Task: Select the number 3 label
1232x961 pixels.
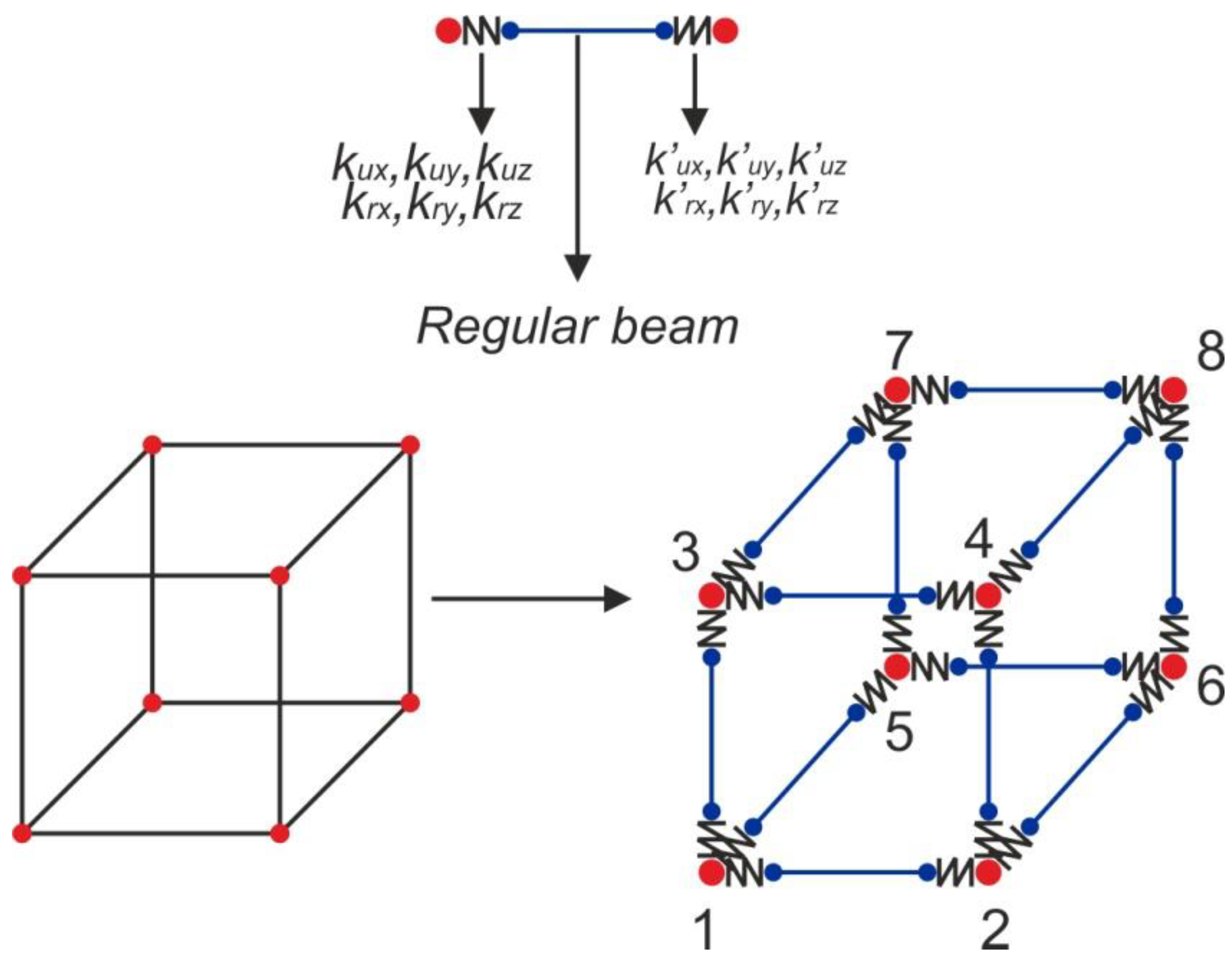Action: point(685,553)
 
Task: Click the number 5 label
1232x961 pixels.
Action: point(899,733)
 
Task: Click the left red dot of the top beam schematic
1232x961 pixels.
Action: point(448,31)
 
